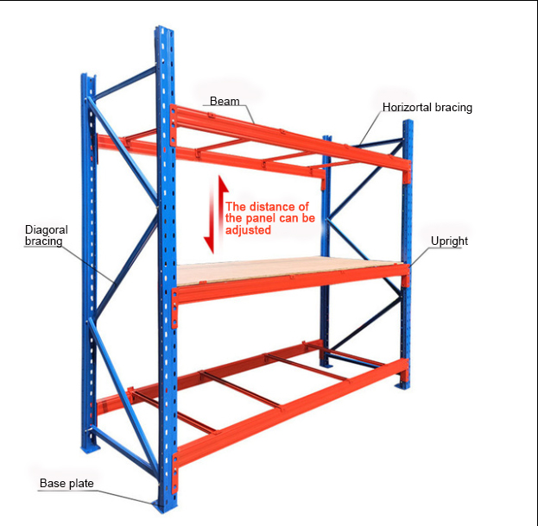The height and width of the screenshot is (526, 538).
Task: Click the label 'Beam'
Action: point(225,102)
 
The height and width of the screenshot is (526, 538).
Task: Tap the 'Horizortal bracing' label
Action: point(427,108)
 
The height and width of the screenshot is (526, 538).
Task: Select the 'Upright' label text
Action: point(449,241)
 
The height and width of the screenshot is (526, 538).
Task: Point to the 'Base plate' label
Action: point(66,483)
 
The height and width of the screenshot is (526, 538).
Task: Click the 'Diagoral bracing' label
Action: point(46,235)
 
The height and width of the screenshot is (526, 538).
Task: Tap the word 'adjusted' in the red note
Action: point(248,230)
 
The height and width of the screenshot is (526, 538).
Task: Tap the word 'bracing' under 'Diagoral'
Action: point(43,241)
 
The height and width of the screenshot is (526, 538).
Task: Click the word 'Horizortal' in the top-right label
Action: point(410,108)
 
